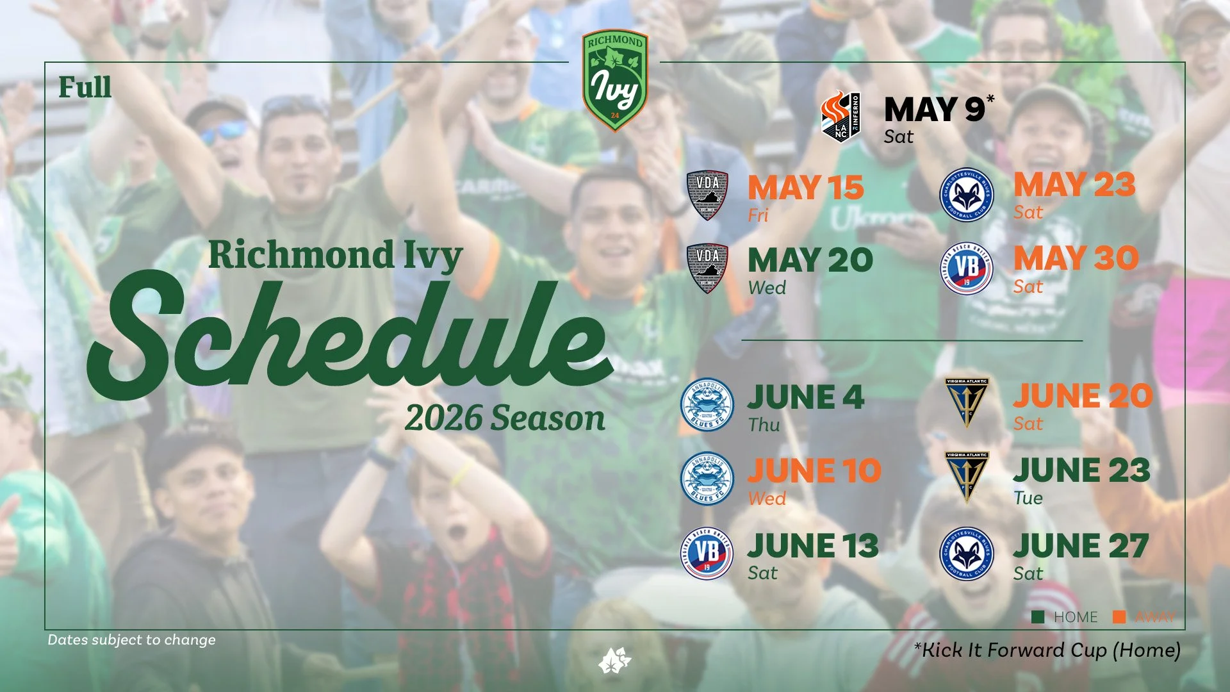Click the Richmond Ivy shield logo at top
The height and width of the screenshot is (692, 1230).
(615, 81)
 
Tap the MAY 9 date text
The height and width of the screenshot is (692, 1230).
(935, 110)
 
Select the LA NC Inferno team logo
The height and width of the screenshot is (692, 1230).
(840, 117)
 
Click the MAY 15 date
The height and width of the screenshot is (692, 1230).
(806, 188)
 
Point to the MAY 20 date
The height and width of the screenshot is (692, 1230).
(810, 261)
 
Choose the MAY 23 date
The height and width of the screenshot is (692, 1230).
(1074, 186)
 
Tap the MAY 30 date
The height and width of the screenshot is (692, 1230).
(1076, 259)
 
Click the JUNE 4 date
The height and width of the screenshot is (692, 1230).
(806, 398)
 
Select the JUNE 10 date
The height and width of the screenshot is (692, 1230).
(814, 472)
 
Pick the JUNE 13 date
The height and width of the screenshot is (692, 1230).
(812, 547)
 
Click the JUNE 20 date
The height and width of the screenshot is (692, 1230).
(1083, 397)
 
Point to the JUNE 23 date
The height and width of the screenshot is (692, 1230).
(1081, 471)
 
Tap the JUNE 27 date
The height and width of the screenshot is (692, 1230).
(1081, 547)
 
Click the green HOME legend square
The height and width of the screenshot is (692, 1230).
(1038, 617)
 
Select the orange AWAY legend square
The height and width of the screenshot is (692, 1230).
(1119, 617)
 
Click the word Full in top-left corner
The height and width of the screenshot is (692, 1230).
(85, 88)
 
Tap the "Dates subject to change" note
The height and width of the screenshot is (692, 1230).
(131, 639)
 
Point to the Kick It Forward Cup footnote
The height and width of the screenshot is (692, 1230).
(1047, 650)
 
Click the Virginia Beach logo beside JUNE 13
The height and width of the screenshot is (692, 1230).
(707, 553)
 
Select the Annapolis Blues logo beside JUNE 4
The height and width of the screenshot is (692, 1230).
(707, 404)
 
